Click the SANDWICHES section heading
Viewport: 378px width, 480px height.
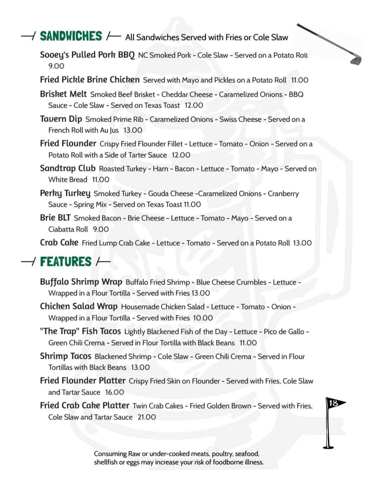pos(71,36)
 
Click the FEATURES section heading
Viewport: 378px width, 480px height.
pos(65,262)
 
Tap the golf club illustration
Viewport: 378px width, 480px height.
pos(329,44)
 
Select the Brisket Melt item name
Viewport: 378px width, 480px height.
pos(63,94)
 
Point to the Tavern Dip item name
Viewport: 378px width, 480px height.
pos(61,119)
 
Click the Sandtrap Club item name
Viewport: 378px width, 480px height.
pos(68,168)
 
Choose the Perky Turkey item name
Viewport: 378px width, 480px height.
pos(65,193)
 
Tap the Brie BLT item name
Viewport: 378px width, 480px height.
pos(55,218)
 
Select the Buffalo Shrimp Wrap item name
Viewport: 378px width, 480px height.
pos(81,282)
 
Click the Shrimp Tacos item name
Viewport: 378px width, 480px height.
pos(65,356)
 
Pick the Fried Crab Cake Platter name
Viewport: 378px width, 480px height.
pos(85,405)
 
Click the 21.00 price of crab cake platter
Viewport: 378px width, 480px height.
pos(147,417)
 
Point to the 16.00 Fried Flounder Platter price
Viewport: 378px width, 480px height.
pos(114,392)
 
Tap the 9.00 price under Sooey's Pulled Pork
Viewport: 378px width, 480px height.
pos(56,66)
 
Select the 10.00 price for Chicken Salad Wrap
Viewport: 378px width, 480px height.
pos(203,318)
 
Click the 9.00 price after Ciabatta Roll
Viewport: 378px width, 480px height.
pos(101,229)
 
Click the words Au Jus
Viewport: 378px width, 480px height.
pos(109,130)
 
